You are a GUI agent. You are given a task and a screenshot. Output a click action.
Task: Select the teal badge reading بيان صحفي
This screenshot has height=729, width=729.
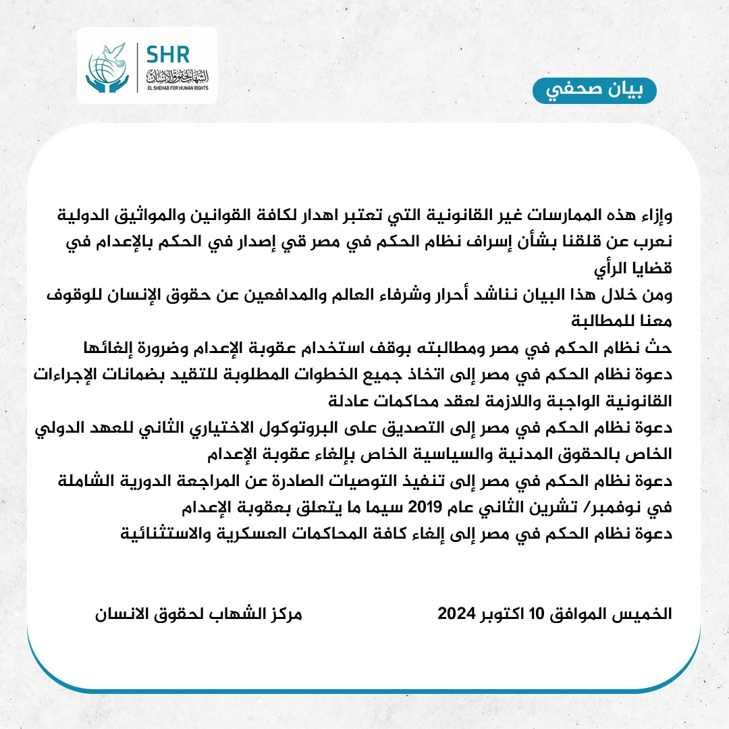[594, 90]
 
